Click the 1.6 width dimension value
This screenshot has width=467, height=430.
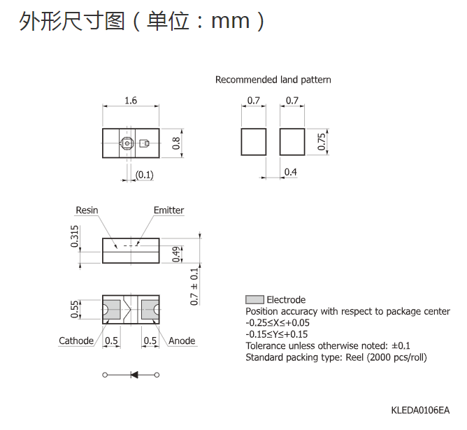click(131, 101)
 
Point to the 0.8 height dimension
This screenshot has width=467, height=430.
click(176, 143)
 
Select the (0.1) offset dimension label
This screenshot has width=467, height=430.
click(145, 175)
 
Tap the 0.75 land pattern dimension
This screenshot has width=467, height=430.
click(322, 142)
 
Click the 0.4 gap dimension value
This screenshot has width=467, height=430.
click(290, 172)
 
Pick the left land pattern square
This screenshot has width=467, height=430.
click(254, 142)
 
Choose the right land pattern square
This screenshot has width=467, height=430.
click(292, 142)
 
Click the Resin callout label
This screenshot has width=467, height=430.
click(87, 210)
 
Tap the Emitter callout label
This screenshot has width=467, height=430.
click(169, 210)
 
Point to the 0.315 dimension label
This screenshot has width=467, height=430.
click(75, 236)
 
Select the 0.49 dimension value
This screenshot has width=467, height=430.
click(176, 255)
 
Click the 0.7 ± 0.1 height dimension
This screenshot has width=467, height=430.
click(194, 287)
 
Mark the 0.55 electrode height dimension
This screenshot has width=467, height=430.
click(75, 310)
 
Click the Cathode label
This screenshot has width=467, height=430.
click(76, 341)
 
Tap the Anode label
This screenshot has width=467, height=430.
click(182, 341)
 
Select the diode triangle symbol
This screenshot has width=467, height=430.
click(134, 375)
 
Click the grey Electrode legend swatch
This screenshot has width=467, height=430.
click(254, 299)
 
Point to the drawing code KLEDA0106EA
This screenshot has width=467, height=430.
click(420, 410)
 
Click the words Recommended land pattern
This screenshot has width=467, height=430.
click(273, 80)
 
